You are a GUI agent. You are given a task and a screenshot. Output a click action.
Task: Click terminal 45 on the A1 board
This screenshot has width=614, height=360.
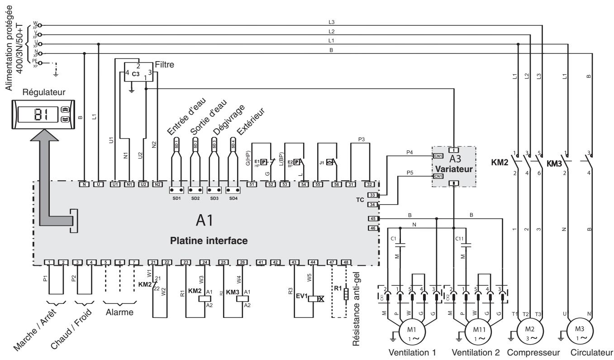[372, 219]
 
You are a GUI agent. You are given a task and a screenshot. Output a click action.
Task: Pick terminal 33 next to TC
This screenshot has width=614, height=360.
[372, 195]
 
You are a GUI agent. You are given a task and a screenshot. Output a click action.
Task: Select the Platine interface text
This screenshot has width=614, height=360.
[209, 241]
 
